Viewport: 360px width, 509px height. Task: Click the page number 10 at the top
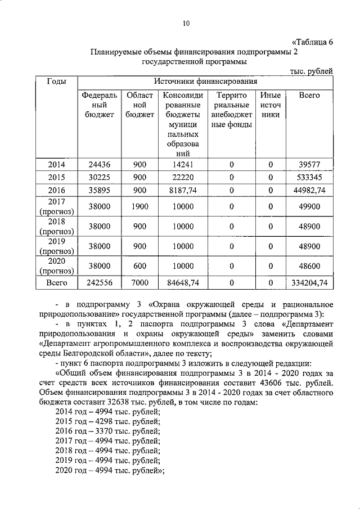pos(186,23)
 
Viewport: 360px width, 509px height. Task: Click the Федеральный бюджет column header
pos(99,105)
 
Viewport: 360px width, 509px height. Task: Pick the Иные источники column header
pos(271,105)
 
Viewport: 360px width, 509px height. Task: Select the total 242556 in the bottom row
pos(99,283)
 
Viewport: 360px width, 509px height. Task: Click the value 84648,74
pos(183,283)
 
